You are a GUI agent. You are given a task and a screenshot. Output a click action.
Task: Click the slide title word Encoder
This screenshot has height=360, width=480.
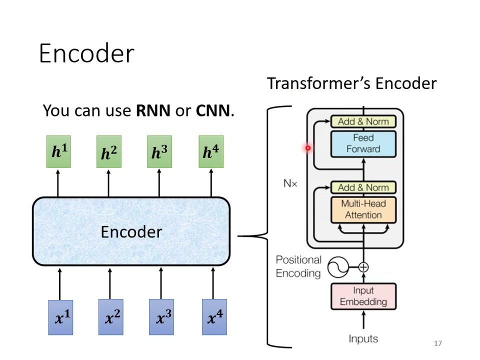pos(86,53)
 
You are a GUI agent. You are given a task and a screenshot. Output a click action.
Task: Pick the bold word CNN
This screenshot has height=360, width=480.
pos(213,110)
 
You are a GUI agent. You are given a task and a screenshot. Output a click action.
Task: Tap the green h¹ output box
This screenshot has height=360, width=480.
pos(58,152)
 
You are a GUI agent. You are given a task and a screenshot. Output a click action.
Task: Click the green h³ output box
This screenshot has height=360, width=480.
pos(159,152)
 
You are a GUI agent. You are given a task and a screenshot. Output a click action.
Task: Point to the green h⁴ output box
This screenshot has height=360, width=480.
pos(211,152)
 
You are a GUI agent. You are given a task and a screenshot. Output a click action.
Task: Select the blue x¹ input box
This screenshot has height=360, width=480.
pos(60,317)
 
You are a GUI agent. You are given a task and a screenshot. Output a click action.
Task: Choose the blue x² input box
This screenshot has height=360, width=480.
pos(111,317)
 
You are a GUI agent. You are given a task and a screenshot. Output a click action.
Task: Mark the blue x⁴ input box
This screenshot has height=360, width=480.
pos(214,317)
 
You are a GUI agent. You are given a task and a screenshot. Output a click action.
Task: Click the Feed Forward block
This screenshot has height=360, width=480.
pos(363,143)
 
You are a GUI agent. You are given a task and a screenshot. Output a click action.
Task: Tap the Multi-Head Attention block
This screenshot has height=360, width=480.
pos(363,209)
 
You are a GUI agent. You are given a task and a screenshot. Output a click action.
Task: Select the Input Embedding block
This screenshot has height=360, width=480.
pos(363,296)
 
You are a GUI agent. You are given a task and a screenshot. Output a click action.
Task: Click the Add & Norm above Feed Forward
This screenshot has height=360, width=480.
pos(363,121)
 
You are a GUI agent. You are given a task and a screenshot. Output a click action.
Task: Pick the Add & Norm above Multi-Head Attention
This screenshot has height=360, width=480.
pos(363,187)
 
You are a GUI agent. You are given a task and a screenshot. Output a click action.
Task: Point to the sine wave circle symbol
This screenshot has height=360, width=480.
pos(338,267)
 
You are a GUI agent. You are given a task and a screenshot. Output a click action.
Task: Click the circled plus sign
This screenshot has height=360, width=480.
pos(363,267)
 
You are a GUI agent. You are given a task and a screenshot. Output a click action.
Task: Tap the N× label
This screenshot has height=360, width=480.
pos(290,183)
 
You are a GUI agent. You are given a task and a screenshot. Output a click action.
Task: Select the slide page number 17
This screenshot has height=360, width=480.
pos(438,343)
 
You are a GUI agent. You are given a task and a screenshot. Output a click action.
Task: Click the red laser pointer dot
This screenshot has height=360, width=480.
pos(308,148)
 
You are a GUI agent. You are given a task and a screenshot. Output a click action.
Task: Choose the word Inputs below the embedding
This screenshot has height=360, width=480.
pos(363,338)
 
